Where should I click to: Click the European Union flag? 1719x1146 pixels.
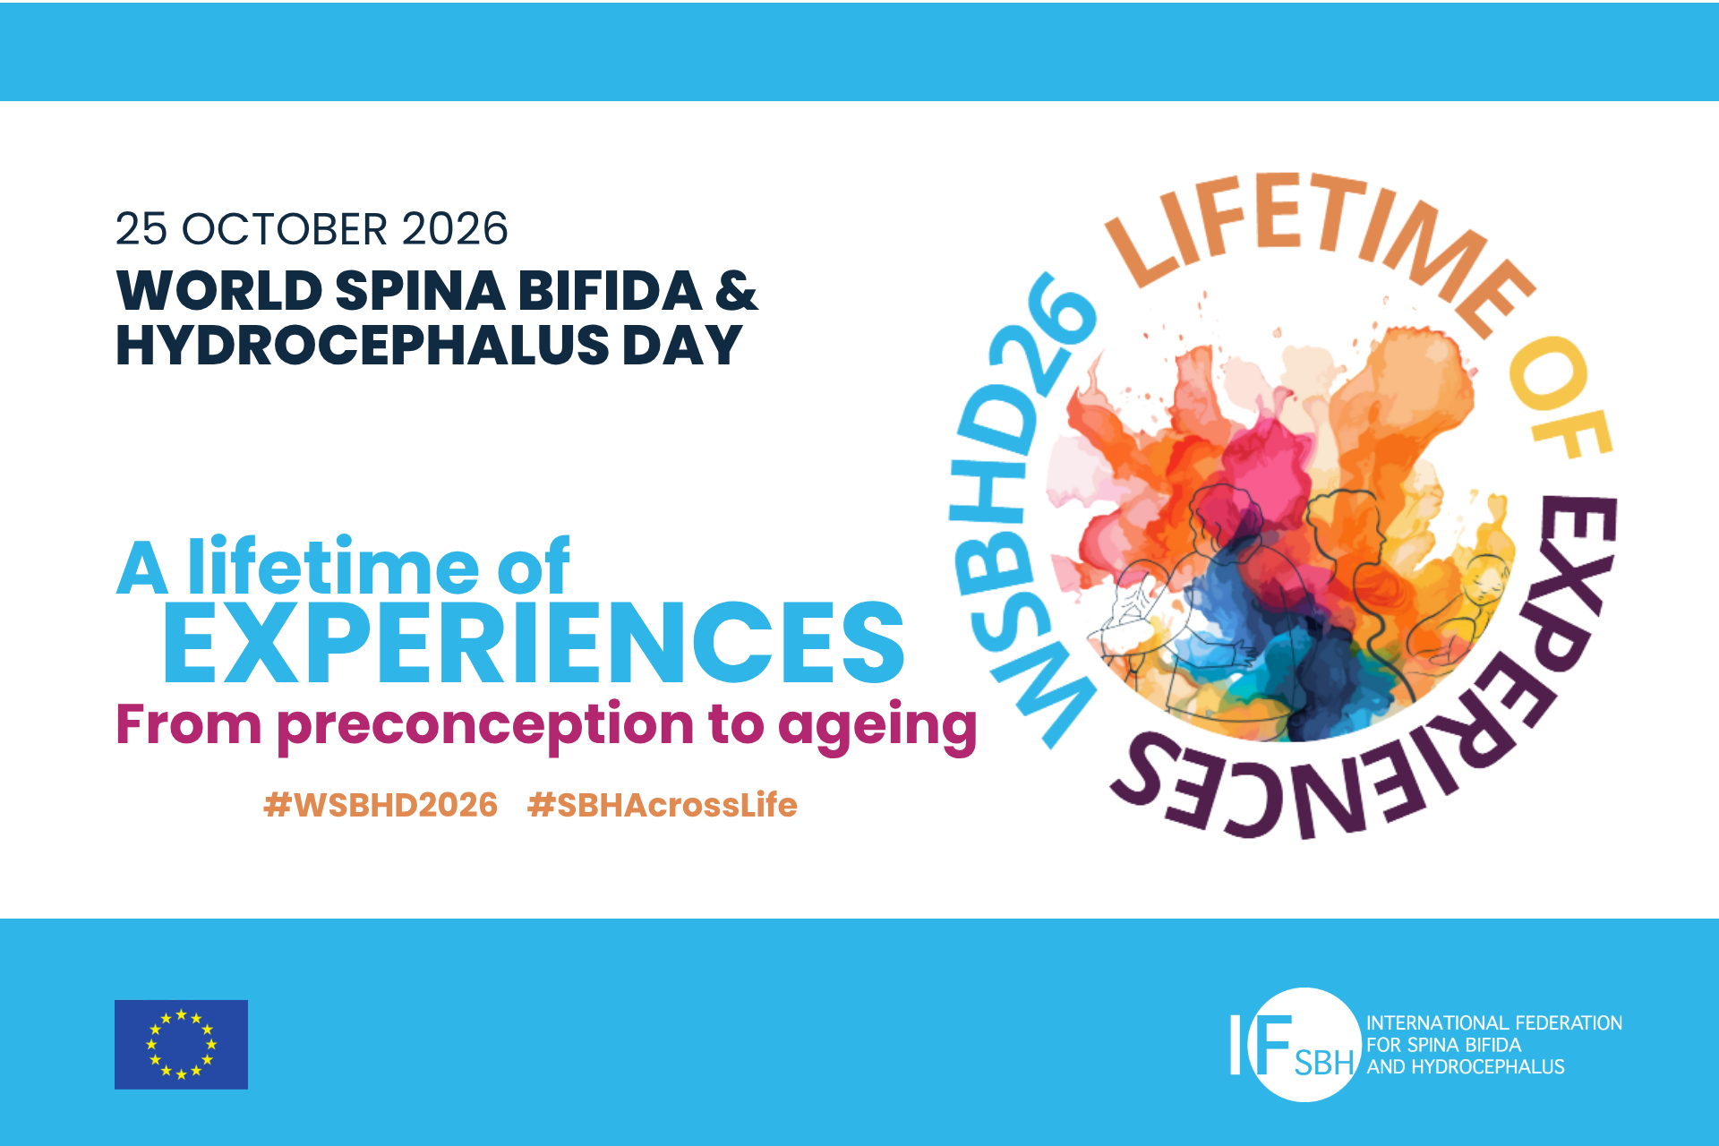(181, 1044)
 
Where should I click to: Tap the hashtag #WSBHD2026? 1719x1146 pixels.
(381, 805)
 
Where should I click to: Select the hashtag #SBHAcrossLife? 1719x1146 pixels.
(663, 805)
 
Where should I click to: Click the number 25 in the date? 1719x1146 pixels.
(141, 229)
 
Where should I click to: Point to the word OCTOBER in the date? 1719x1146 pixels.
(285, 229)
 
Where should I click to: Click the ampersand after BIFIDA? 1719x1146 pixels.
(736, 291)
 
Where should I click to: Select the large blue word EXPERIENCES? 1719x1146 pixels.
(534, 642)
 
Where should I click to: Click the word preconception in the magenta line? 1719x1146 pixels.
(485, 725)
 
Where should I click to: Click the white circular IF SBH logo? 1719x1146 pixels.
(1304, 1044)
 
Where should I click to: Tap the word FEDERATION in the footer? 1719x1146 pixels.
(1569, 1022)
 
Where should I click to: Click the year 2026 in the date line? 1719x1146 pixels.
(455, 229)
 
